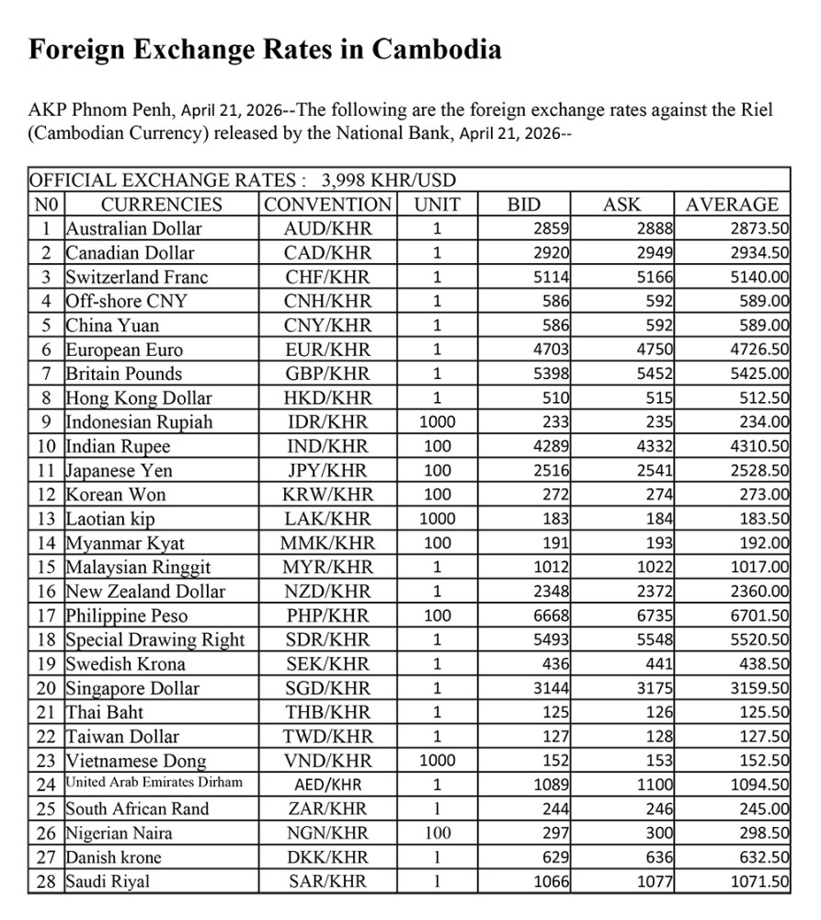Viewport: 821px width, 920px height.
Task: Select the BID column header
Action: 524,204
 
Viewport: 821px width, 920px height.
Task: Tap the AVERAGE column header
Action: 732,204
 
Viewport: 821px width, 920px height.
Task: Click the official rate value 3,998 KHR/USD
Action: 389,180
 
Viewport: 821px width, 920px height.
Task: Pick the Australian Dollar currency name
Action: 133,228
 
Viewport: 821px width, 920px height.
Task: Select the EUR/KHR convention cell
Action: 327,350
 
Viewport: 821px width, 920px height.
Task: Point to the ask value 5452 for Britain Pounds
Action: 656,374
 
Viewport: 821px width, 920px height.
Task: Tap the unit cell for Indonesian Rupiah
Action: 437,422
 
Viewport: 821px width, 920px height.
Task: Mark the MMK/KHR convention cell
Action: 327,544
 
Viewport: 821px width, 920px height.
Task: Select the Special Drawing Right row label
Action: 155,639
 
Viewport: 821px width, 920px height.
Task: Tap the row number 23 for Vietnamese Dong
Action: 45,761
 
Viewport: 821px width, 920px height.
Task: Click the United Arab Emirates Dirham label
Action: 154,784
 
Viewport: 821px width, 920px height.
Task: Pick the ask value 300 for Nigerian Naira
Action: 660,834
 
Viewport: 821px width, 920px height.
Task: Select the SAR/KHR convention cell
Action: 327,881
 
